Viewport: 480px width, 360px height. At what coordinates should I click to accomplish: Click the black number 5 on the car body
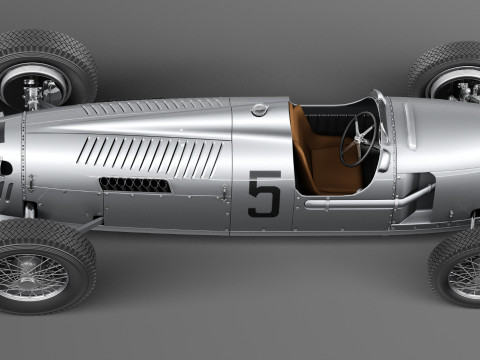(264, 194)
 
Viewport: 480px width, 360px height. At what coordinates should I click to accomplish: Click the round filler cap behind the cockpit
(260, 109)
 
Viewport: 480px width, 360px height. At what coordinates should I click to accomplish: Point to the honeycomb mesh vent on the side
(135, 184)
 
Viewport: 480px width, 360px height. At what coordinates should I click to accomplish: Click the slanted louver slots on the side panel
(150, 155)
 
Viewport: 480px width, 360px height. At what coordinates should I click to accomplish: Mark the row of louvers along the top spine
(150, 106)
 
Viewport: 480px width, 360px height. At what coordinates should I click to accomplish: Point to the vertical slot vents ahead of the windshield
(410, 125)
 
